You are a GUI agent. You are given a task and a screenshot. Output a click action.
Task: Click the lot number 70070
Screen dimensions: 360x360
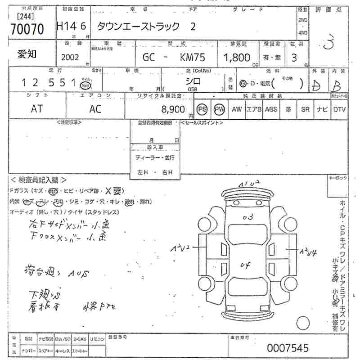(27, 29)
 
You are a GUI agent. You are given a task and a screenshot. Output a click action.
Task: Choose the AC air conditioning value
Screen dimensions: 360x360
(95, 109)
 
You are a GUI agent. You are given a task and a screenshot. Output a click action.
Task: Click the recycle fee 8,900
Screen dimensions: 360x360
(172, 109)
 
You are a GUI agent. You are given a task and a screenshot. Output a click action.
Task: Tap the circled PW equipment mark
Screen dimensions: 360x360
(219, 109)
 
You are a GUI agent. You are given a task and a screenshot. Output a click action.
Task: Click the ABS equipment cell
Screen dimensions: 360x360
(271, 109)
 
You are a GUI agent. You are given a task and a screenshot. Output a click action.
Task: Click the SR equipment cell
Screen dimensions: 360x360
(305, 109)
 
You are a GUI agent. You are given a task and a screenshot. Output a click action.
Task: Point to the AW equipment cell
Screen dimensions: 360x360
(237, 109)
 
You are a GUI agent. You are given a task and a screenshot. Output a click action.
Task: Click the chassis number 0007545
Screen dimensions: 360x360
(288, 348)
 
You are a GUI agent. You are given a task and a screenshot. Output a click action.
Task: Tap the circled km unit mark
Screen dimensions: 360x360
(84, 84)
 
